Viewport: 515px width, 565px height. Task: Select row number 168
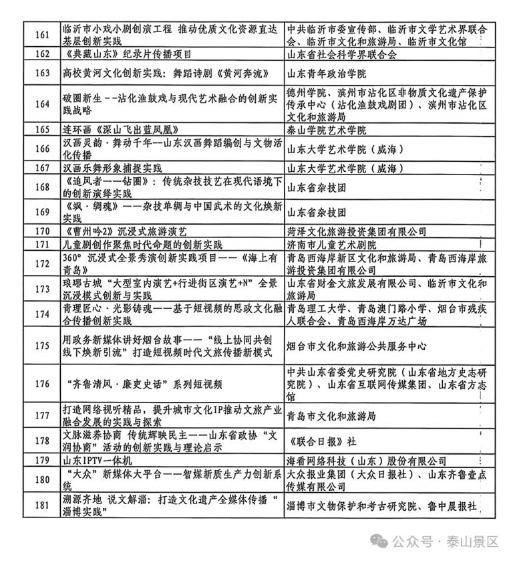(x=42, y=187)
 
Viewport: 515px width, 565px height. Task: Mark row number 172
(x=42, y=263)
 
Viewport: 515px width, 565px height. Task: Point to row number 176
(x=42, y=384)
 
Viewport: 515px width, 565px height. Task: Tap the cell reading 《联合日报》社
(x=321, y=441)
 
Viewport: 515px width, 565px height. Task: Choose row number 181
(x=42, y=505)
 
